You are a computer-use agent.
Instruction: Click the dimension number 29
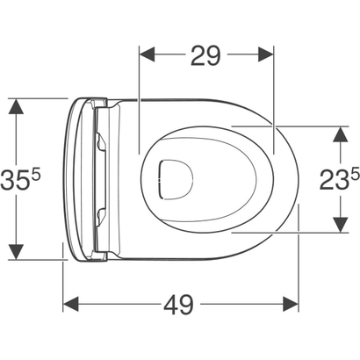205,55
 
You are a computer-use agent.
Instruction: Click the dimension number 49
179,305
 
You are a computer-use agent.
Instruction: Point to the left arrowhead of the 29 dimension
148,54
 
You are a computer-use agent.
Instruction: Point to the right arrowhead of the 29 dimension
266,54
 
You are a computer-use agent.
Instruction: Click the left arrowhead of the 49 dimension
71,304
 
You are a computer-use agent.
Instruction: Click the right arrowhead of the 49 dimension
291,304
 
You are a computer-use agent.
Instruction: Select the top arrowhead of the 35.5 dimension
16,106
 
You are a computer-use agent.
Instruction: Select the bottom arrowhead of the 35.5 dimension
16,252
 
